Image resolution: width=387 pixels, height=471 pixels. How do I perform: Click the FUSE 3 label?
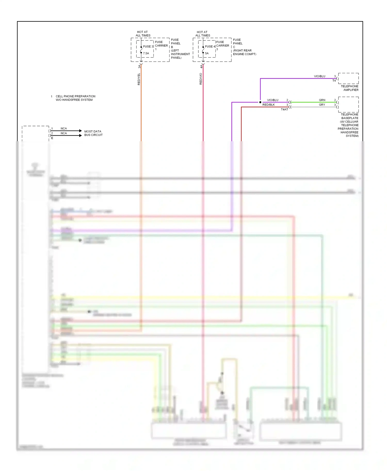148,47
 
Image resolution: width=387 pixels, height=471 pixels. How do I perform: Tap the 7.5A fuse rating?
146,53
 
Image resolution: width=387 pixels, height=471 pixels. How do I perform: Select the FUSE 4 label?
210,47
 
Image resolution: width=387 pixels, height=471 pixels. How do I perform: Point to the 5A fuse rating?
207,53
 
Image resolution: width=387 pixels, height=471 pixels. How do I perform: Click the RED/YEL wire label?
139,79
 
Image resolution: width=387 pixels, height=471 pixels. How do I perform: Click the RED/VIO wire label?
201,79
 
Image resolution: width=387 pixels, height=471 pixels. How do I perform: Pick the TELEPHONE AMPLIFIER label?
350,88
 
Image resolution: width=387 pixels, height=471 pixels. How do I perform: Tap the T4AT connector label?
284,110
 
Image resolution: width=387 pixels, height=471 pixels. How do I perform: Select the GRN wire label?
322,100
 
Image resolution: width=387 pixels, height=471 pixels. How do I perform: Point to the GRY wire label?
322,105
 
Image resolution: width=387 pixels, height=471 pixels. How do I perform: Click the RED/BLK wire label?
269,105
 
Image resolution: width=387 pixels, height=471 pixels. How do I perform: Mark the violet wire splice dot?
260,102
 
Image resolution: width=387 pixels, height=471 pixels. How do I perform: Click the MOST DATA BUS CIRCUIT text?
93,133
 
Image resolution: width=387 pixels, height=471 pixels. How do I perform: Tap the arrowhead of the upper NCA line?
80,131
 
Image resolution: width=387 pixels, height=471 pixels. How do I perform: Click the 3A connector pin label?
139,66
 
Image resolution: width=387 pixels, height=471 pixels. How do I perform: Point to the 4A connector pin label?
201,66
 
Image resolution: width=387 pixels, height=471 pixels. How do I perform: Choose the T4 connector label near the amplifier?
334,81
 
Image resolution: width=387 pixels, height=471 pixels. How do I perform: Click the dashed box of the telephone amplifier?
348,78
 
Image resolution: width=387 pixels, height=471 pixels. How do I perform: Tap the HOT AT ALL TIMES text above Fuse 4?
203,34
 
